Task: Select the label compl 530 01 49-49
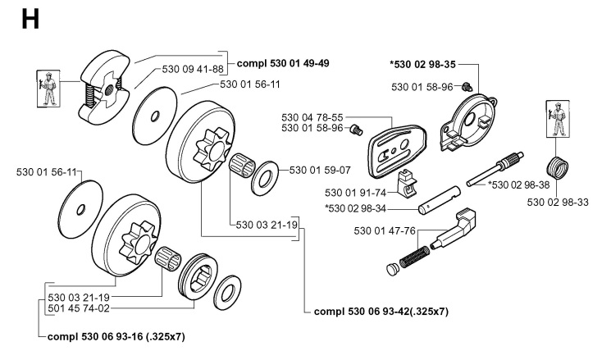[x=283, y=62]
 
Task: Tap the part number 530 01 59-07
[x=319, y=171]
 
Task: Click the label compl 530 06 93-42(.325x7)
[x=382, y=312]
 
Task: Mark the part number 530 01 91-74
[x=350, y=191]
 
